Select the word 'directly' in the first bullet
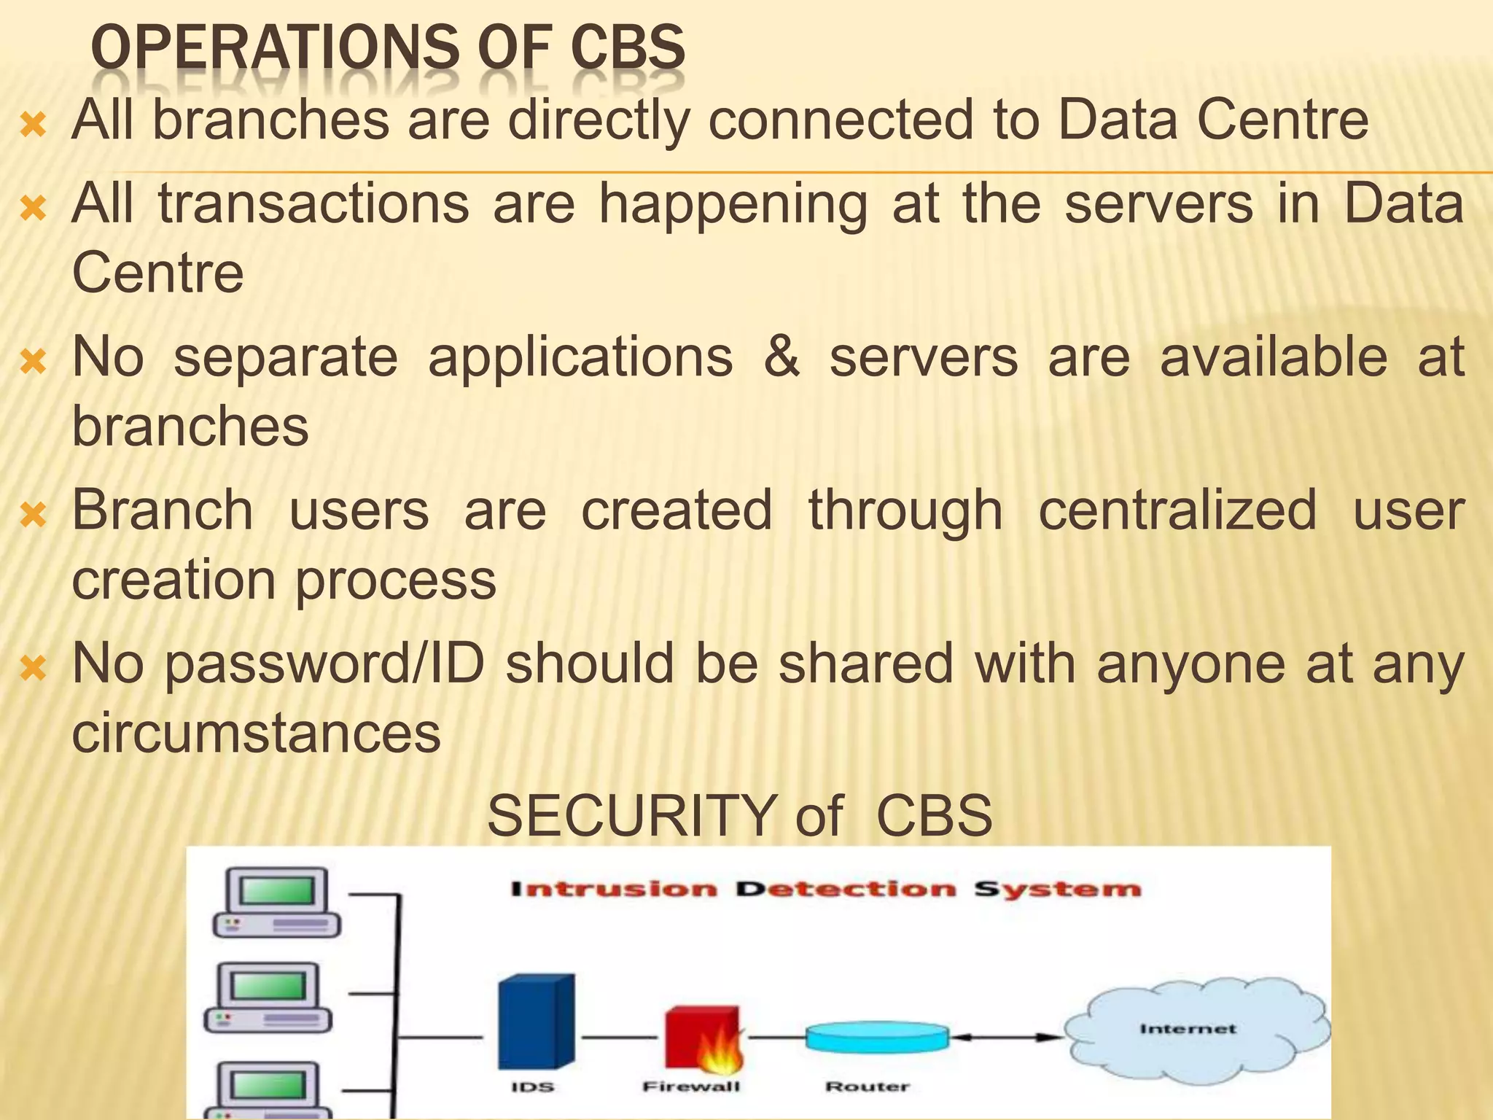point(599,120)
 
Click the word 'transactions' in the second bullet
point(313,203)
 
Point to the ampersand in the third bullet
point(781,357)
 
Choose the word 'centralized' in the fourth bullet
point(1177,510)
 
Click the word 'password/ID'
point(325,664)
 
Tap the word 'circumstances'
point(256,732)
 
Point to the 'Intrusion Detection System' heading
point(825,890)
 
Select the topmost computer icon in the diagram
point(276,902)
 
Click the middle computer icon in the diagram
point(268,997)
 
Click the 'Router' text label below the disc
point(867,1087)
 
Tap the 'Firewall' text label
point(691,1087)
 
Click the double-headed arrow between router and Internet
point(1007,1037)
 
